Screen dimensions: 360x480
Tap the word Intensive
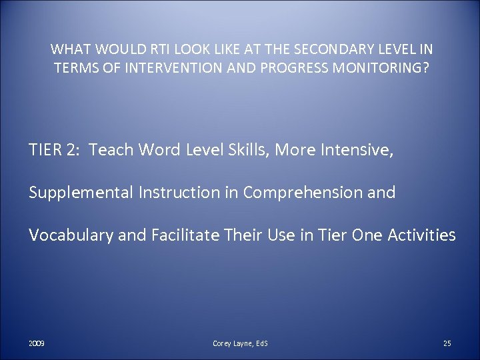361,150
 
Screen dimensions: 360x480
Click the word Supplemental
80,193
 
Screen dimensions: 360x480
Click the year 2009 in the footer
37,343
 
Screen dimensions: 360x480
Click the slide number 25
447,343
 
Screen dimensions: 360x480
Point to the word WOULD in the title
111,49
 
